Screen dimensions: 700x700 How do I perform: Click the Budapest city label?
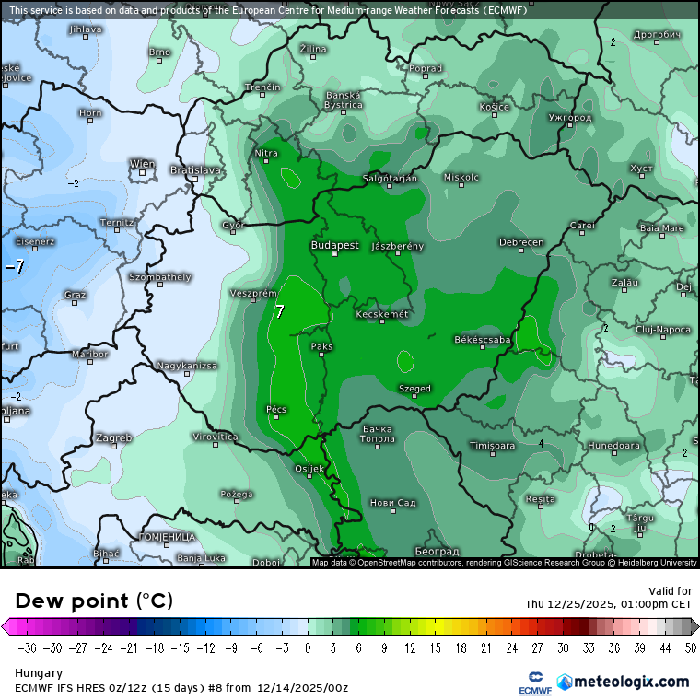click(335, 245)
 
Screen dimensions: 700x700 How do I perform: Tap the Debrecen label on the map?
click(521, 242)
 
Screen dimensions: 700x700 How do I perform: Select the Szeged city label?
click(414, 389)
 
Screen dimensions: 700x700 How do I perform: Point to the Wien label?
click(142, 164)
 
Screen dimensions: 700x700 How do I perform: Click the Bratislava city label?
click(195, 170)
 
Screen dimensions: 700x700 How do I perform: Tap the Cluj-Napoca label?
click(663, 329)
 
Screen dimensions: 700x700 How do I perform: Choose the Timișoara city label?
click(492, 446)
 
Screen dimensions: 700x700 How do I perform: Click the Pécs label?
click(276, 408)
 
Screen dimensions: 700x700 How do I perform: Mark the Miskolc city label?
click(461, 177)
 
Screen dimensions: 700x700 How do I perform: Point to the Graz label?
click(76, 295)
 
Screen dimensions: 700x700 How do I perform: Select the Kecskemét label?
click(382, 315)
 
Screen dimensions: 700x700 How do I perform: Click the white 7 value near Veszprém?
click(280, 312)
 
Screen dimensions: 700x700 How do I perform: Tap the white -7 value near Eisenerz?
click(15, 267)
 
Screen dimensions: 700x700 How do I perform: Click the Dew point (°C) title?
click(93, 601)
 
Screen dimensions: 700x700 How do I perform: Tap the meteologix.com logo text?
click(630, 682)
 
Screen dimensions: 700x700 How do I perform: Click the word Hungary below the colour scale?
click(38, 673)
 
